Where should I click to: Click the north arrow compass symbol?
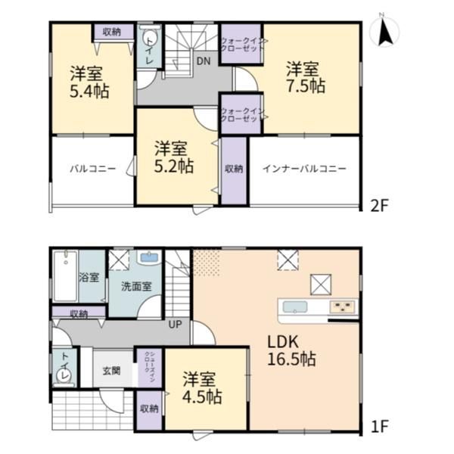[x=385, y=30]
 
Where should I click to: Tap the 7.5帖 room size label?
[x=306, y=86]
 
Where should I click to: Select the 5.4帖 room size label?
[x=89, y=91]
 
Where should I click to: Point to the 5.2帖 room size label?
[x=174, y=166]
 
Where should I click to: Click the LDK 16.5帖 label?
[x=291, y=350]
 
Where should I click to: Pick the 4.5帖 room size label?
[x=202, y=396]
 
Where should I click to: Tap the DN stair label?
[x=204, y=61]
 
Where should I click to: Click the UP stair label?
[x=176, y=324]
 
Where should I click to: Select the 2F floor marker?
[x=379, y=206]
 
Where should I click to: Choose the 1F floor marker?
[x=379, y=426]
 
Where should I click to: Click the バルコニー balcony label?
[x=92, y=169]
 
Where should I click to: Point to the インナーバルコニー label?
[x=304, y=169]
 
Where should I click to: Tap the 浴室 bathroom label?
[x=89, y=278]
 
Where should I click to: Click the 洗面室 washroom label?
[x=136, y=286]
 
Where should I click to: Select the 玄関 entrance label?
[x=111, y=371]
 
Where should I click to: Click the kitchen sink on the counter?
[x=295, y=307]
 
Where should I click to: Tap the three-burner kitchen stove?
[x=342, y=306]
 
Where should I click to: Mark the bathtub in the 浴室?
[x=66, y=276]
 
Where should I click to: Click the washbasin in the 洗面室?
[x=149, y=257]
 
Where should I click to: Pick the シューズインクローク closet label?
[x=149, y=367]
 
